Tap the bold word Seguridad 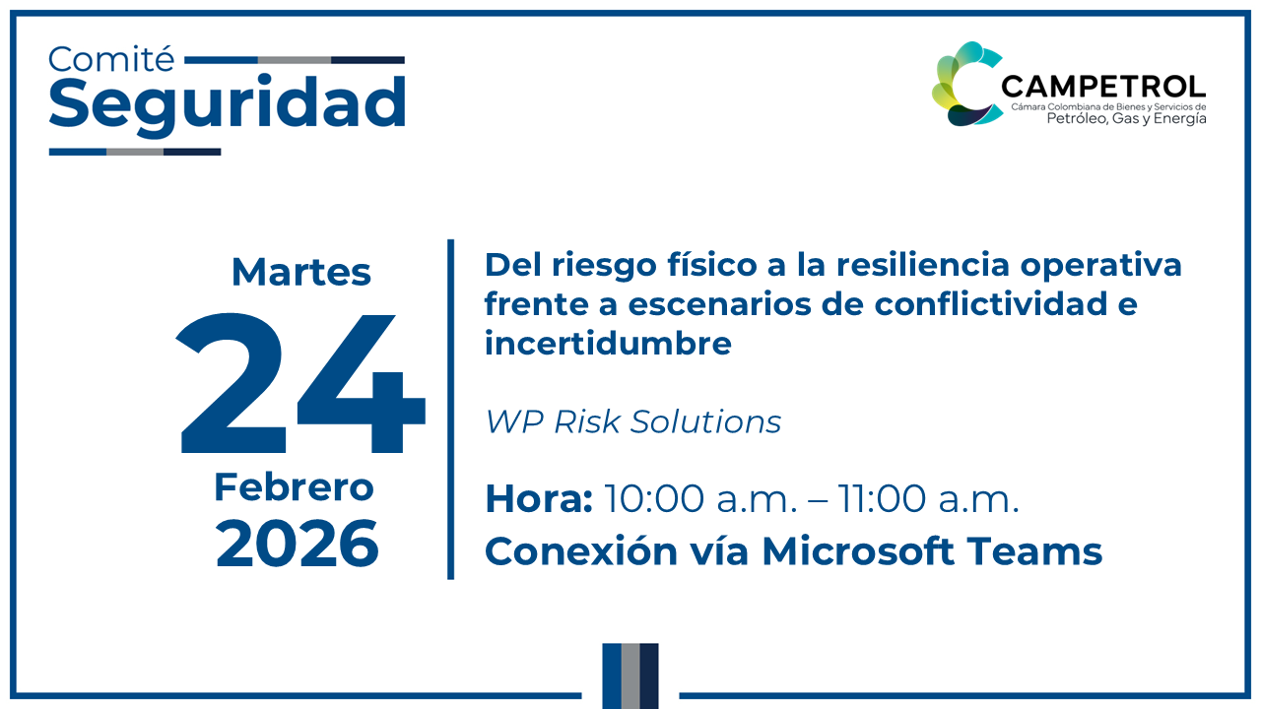click(227, 102)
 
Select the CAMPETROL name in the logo click(1102, 87)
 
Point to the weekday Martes click(301, 272)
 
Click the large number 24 click(301, 384)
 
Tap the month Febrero click(295, 487)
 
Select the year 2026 click(298, 544)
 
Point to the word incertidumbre click(608, 344)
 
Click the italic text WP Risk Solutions click(633, 421)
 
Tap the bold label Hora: click(538, 499)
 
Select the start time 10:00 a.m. click(699, 499)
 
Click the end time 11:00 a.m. click(928, 499)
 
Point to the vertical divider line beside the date click(451, 409)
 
